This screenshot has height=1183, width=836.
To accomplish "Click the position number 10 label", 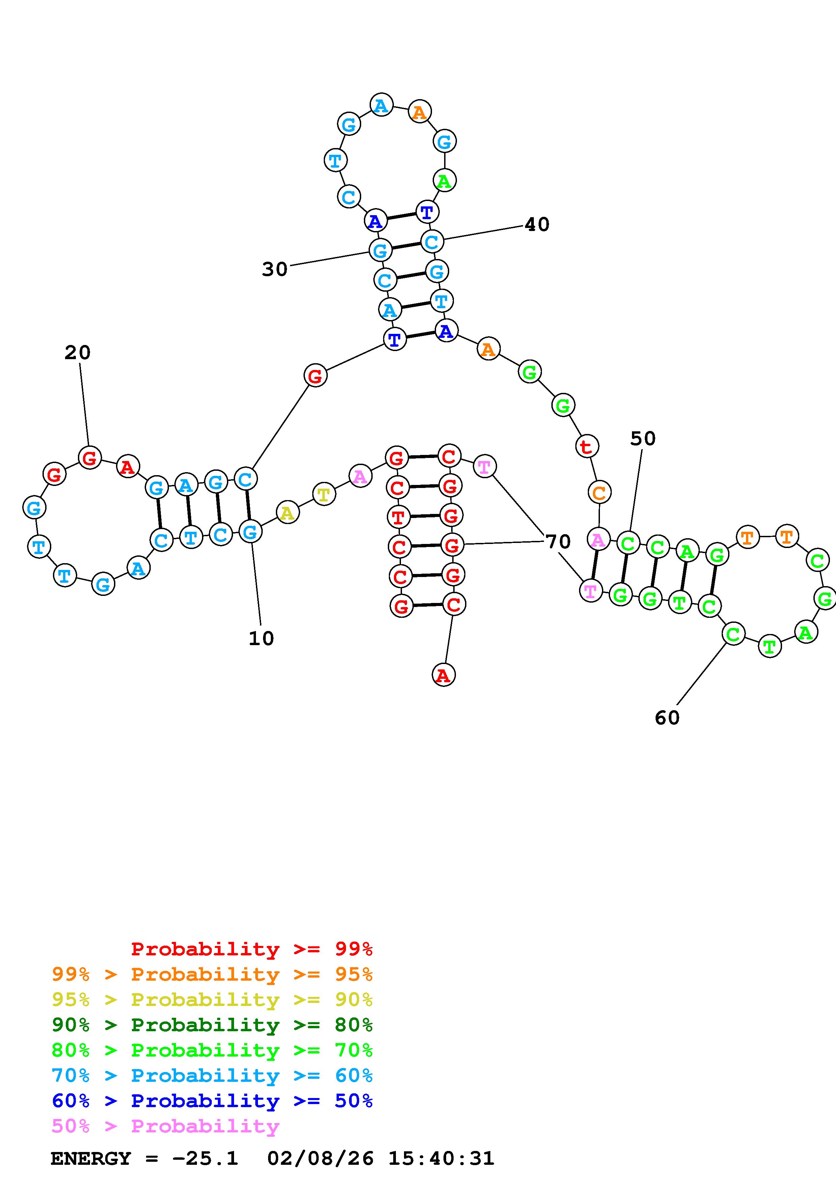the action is [x=261, y=638].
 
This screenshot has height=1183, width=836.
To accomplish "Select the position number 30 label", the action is [x=275, y=269].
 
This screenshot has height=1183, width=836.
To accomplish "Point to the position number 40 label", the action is [x=537, y=224].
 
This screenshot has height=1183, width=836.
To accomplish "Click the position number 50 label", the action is [x=643, y=438].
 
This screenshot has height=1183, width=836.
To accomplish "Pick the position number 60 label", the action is [x=667, y=717].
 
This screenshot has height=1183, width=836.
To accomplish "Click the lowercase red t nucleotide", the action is [x=586, y=447].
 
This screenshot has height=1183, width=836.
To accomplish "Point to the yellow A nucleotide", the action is [x=287, y=513].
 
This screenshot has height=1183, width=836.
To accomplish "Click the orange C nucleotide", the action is [x=599, y=493].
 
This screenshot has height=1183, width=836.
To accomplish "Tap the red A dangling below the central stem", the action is [x=443, y=675].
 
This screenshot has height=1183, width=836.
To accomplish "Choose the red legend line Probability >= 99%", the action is [x=252, y=949].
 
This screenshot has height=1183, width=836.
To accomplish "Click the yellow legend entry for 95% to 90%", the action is [x=212, y=1000].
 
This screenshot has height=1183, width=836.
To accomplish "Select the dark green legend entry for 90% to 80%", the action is [x=212, y=1025].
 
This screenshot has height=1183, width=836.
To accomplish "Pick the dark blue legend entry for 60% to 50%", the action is [x=212, y=1101].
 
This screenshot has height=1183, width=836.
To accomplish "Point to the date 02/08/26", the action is [x=320, y=1158].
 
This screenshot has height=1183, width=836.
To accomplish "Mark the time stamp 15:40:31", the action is [x=441, y=1158].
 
